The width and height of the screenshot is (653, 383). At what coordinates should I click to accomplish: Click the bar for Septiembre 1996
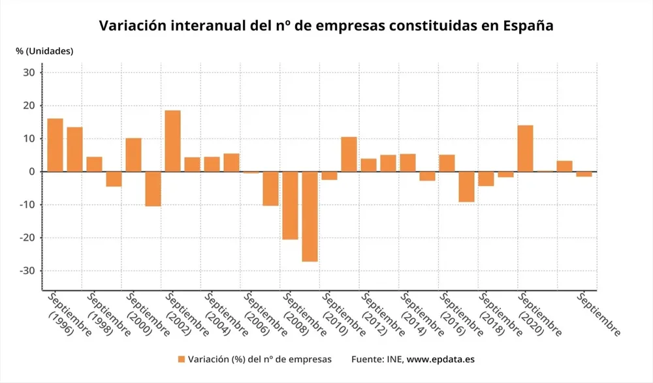pyautogui.click(x=55, y=145)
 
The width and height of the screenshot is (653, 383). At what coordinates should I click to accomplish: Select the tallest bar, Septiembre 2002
pyautogui.click(x=172, y=141)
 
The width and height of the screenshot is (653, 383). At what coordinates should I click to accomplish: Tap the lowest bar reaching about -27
pyautogui.click(x=310, y=216)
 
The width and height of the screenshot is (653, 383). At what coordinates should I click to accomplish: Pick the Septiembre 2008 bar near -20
pyautogui.click(x=290, y=205)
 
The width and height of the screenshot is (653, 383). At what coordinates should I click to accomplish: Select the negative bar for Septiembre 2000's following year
pyautogui.click(x=153, y=189)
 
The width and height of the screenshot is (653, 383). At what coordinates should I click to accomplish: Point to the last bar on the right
pyautogui.click(x=584, y=174)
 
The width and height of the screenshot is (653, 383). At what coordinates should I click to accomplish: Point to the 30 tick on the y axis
pyautogui.click(x=29, y=72)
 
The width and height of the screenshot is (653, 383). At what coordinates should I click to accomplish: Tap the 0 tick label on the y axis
pyautogui.click(x=31, y=172)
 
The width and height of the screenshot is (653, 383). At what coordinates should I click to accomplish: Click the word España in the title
pyautogui.click(x=529, y=26)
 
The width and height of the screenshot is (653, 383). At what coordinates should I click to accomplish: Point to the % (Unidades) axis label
pyautogui.click(x=44, y=51)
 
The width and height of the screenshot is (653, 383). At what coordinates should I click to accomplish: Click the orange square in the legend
pyautogui.click(x=181, y=359)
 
